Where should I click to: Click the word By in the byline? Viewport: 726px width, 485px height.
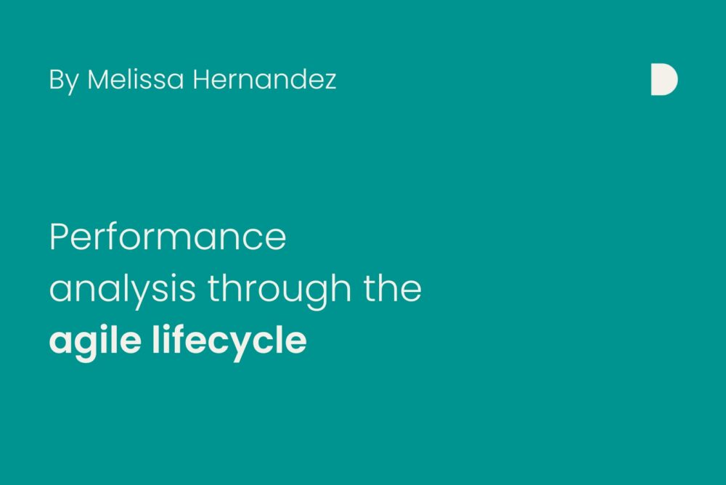point(64,81)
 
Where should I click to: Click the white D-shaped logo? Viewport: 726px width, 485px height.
point(664,80)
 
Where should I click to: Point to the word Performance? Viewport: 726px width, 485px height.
point(168,237)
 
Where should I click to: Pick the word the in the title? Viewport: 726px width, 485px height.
point(393,288)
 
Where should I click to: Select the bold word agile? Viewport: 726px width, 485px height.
point(95,342)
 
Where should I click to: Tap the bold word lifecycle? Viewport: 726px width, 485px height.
point(229,342)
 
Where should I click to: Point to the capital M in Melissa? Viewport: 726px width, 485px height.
point(100,79)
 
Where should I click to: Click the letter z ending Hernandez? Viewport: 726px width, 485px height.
point(330,83)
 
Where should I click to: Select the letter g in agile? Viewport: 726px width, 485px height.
point(87,346)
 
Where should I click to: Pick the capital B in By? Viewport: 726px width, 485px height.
point(56,79)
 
